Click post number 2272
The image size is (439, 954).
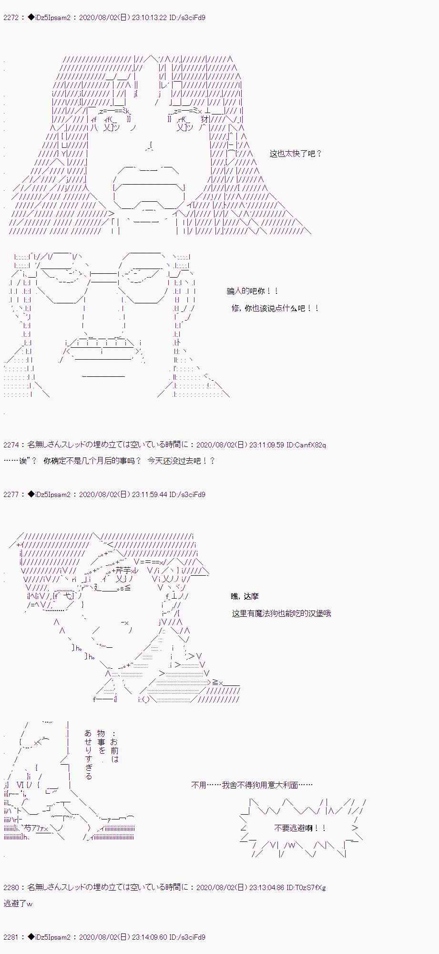tap(10, 18)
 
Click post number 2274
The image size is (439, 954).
tap(10, 445)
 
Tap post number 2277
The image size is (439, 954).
tap(10, 495)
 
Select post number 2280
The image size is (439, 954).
tap(10, 888)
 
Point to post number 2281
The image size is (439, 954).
tap(10, 937)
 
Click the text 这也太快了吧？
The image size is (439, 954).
tap(296, 154)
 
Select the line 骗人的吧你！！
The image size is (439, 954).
tap(253, 291)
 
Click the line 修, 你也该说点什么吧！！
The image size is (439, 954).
tap(275, 308)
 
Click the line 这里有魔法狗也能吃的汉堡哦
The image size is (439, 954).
tap(281, 613)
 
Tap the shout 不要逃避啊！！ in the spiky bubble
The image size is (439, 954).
tap(300, 828)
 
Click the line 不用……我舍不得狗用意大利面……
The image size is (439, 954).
tap(252, 785)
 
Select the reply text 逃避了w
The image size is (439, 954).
tap(18, 903)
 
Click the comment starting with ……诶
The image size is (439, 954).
tap(109, 461)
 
